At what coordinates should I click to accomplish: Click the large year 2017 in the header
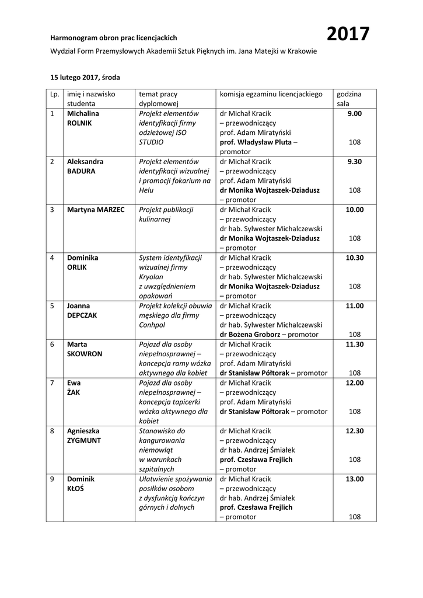(348, 35)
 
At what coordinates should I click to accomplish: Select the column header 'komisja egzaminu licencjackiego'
(271, 94)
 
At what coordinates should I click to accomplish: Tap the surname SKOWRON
(85, 354)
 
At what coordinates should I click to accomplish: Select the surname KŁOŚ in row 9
(76, 488)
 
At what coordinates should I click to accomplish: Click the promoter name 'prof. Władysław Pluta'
(256, 142)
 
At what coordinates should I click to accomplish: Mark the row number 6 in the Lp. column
(53, 345)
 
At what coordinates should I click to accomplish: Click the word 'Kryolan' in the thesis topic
(152, 277)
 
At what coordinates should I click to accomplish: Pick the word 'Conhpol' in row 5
(152, 325)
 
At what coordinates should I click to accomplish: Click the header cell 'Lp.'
(55, 94)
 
